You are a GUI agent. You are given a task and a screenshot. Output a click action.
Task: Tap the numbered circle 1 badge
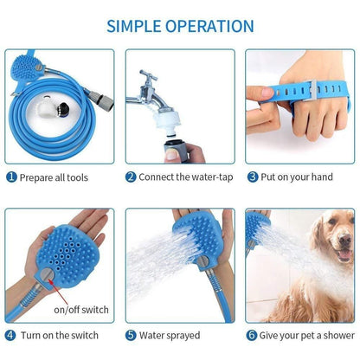11,177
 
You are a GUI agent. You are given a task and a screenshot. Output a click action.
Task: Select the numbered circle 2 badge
130,177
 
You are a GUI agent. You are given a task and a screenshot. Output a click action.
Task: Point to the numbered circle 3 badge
253,177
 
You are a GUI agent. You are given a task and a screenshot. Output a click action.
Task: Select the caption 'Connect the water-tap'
187,177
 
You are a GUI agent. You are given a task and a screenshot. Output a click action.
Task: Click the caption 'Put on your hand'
303,177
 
